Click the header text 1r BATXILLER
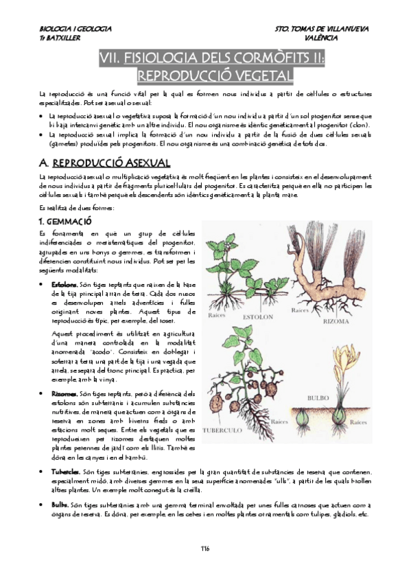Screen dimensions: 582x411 click(x=56, y=38)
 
